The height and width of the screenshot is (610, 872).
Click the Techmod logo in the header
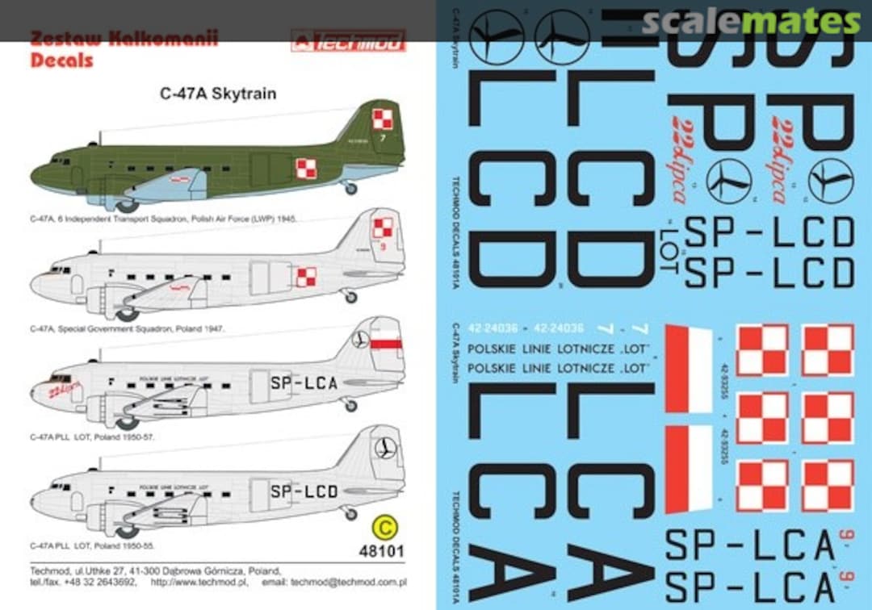pyautogui.click(x=348, y=40)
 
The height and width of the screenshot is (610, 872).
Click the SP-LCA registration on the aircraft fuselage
pyautogui.click(x=304, y=383)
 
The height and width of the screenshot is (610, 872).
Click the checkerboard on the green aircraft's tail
pyautogui.click(x=382, y=119)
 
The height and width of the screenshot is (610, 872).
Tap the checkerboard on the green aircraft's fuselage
pyautogui.click(x=305, y=169)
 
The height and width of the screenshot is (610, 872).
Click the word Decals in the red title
pyautogui.click(x=61, y=60)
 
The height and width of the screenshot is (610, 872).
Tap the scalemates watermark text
pyautogui.click(x=751, y=22)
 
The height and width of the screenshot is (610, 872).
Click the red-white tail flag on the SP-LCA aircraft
pyautogui.click(x=392, y=344)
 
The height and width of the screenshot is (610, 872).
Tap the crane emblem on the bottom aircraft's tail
pyautogui.click(x=385, y=448)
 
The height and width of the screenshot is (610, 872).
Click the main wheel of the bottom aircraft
pyautogui.click(x=127, y=530)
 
